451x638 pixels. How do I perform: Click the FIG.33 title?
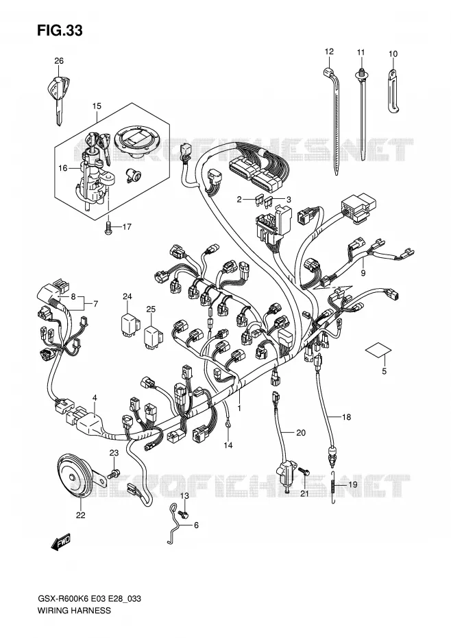[60, 30]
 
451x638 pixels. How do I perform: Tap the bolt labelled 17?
[109, 227]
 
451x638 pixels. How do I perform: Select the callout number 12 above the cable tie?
[329, 51]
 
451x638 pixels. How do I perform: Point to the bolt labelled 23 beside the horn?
[113, 473]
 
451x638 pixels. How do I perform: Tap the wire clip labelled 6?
[175, 526]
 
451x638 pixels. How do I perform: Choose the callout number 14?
[228, 445]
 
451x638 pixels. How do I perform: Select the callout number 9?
[363, 273]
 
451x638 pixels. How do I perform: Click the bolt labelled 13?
[184, 515]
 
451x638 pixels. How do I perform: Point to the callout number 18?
[346, 416]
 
